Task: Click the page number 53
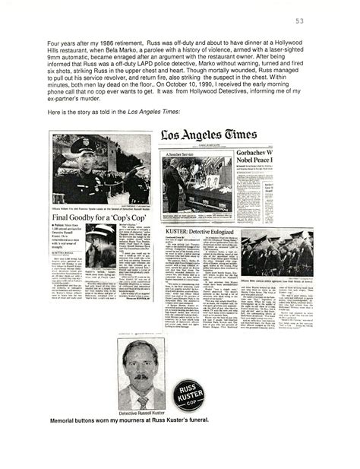[x=321, y=21]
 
